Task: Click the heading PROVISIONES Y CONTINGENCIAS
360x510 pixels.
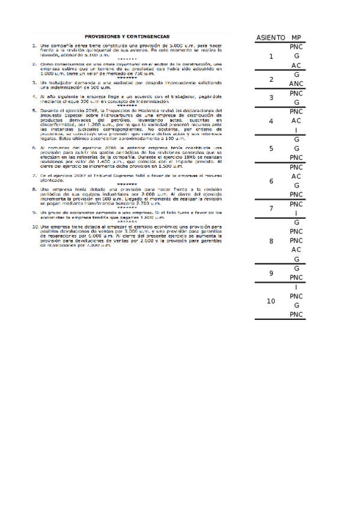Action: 127,36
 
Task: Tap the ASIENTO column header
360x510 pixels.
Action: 270,38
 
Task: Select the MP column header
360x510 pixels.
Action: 296,38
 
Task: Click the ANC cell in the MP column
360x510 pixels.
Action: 296,84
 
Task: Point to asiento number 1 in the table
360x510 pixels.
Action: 271,57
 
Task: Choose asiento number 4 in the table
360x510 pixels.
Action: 271,121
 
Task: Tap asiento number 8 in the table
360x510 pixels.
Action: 271,241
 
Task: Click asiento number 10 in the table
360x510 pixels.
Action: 271,301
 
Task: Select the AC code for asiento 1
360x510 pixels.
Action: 296,66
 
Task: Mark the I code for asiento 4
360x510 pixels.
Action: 296,130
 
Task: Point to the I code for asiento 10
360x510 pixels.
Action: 296,287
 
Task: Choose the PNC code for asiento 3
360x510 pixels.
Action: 296,93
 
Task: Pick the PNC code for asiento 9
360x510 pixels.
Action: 296,278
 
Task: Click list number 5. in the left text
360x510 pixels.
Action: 35,111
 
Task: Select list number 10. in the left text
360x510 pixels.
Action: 36,226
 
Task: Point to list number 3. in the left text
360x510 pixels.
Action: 35,82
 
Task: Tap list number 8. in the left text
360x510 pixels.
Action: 35,189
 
